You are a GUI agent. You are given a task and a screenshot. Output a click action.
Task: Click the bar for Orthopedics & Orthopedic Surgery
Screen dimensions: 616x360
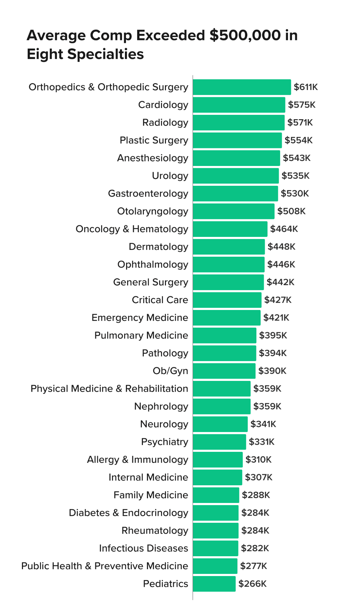point(242,87)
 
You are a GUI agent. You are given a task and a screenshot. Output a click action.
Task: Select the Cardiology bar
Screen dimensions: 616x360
point(239,105)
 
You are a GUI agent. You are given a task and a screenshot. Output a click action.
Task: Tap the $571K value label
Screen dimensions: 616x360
point(300,122)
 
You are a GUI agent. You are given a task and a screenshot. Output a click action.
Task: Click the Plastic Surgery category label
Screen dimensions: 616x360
point(154,140)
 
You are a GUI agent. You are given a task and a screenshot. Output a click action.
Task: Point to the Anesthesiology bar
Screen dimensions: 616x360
point(236,158)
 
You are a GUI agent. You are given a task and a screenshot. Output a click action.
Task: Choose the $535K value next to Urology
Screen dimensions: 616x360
point(295,176)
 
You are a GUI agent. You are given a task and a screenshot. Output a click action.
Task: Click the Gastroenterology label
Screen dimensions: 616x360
point(148,193)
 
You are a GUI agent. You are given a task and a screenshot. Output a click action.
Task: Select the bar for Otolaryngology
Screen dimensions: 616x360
point(233,211)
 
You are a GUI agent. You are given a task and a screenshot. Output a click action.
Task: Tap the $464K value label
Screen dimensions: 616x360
point(284,229)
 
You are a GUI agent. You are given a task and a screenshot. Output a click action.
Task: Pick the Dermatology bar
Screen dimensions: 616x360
point(229,247)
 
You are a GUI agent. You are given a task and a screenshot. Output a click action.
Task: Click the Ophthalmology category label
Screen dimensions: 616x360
point(153,264)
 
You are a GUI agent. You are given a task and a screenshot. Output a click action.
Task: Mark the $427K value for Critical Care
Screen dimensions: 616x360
point(278,300)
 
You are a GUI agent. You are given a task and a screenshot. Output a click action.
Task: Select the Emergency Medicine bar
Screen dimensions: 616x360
point(226,318)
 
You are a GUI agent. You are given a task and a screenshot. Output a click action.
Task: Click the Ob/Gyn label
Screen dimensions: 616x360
point(170,371)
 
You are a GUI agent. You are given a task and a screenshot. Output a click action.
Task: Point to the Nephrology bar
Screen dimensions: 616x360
point(221,406)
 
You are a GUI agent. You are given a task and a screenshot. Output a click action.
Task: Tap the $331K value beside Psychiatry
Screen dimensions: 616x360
point(261,442)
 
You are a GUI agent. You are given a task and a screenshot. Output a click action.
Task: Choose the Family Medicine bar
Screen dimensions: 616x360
point(216,495)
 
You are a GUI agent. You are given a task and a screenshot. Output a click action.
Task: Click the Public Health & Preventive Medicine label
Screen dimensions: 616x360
point(104,566)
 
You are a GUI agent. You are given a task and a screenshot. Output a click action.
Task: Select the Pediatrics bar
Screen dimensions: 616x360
point(214,584)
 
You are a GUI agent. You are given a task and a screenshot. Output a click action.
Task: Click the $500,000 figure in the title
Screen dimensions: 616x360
point(245,35)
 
